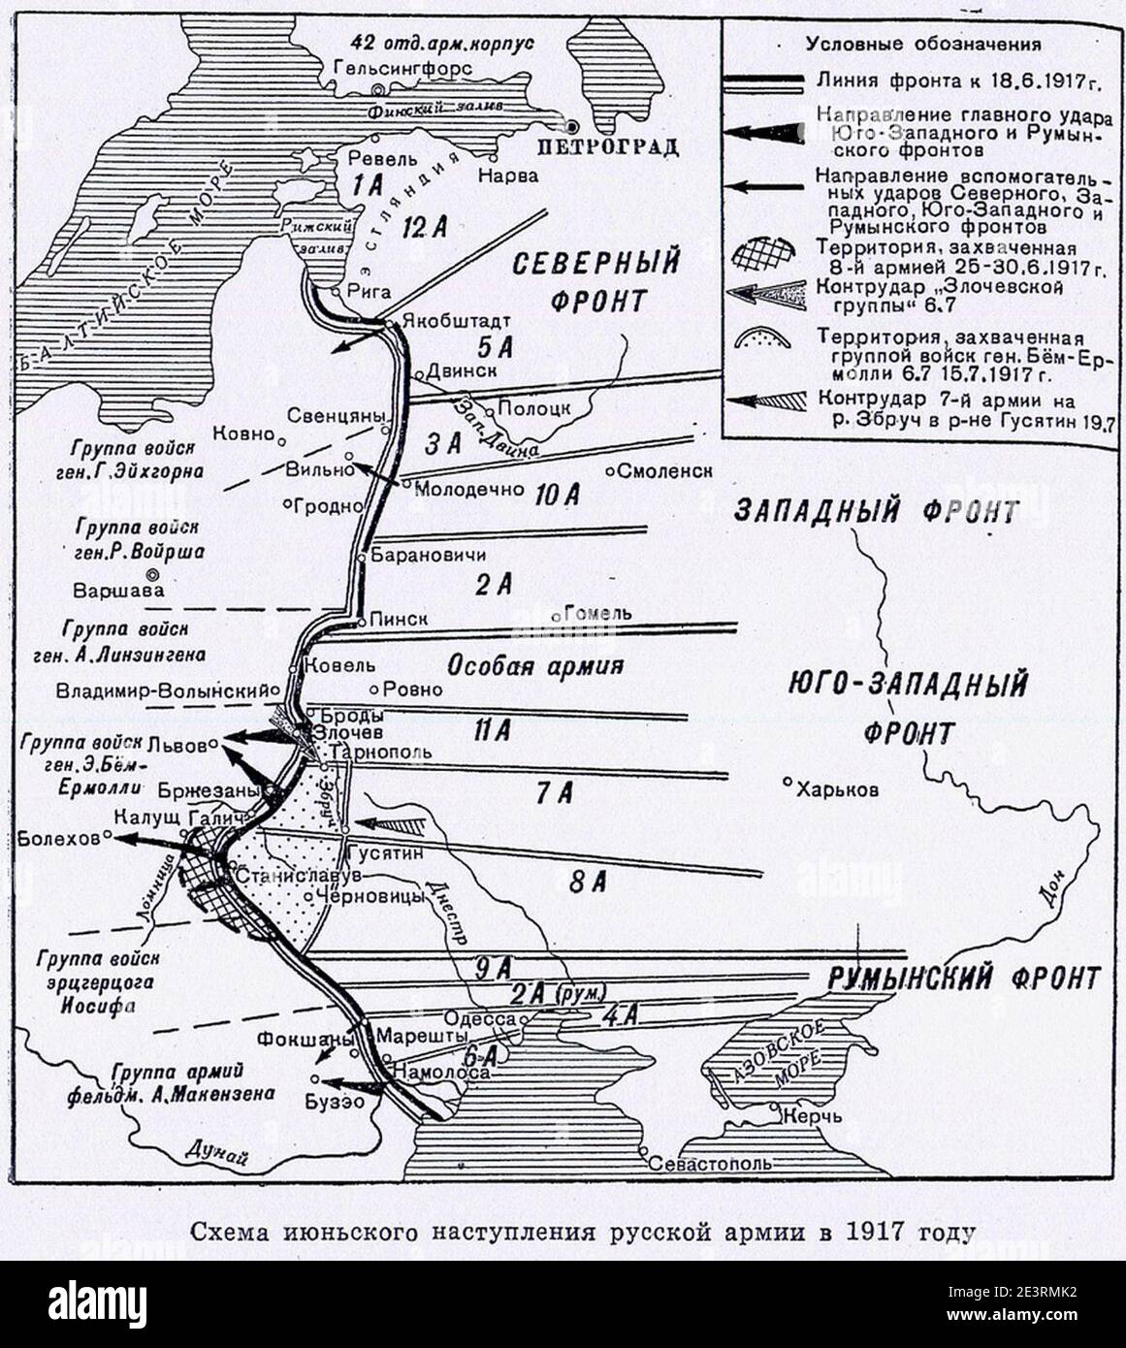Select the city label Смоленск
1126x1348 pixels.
point(665,470)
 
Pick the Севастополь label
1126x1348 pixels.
point(711,1163)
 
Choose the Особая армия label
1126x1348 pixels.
point(533,666)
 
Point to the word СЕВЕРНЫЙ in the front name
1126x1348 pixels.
point(595,263)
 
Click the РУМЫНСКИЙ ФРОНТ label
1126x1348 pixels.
point(964,978)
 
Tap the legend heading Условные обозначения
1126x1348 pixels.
point(924,44)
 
